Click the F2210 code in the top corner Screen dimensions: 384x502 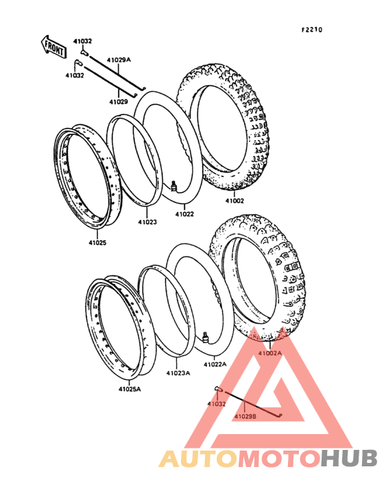[312, 30]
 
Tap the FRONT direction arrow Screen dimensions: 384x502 [53, 47]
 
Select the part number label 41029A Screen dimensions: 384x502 [119, 60]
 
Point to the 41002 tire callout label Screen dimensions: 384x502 [235, 201]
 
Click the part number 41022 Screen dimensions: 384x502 [184, 214]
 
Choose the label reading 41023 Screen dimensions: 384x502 [147, 222]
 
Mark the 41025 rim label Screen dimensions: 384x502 [97, 243]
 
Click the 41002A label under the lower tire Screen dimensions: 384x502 [270, 353]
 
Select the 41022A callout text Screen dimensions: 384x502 [215, 364]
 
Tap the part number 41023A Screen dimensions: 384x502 [178, 373]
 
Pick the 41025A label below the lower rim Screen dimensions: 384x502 [130, 390]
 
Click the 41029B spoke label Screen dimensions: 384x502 [245, 416]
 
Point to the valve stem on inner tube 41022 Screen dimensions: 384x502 [173, 186]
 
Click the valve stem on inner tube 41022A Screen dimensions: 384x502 [205, 337]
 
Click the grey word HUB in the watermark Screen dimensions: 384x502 [350, 458]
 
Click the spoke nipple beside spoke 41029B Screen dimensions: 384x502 [218, 389]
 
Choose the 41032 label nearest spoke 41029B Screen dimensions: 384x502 [216, 404]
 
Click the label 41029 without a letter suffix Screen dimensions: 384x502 [119, 101]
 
